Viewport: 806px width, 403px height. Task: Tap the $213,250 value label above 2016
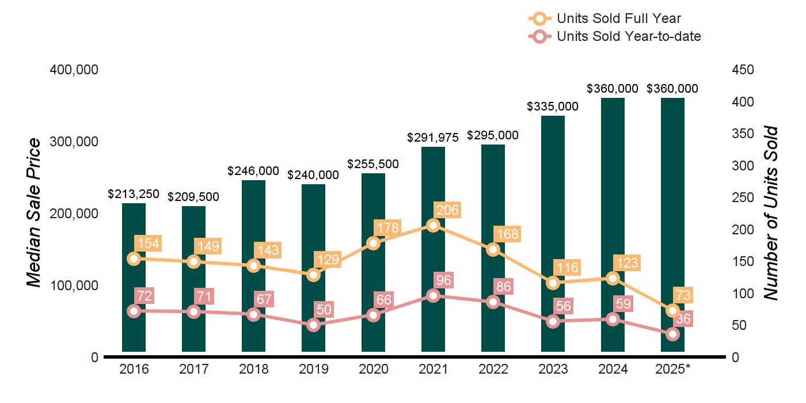click(x=134, y=194)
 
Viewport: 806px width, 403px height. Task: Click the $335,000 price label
click(x=553, y=107)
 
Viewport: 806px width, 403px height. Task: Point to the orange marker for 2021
click(x=433, y=225)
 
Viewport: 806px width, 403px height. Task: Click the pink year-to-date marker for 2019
click(x=313, y=325)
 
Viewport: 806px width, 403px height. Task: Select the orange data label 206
click(x=447, y=210)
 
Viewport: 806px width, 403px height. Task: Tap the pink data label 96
click(x=444, y=280)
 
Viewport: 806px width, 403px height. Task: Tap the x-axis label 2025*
click(x=673, y=369)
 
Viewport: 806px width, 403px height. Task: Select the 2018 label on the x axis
click(x=253, y=369)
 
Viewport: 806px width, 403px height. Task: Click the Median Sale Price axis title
click(x=35, y=213)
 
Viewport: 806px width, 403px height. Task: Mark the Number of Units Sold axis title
click(x=770, y=213)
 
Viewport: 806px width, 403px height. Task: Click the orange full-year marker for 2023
click(x=553, y=283)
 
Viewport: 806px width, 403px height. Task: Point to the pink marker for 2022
click(x=493, y=302)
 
